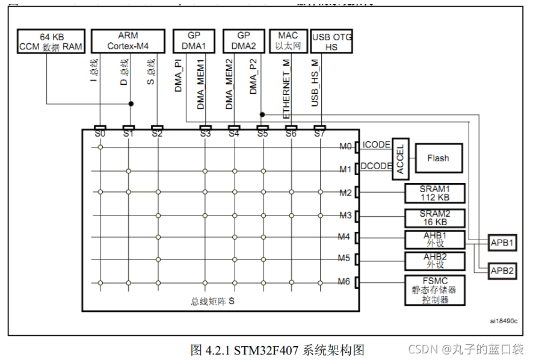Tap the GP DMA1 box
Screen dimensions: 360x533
click(x=194, y=40)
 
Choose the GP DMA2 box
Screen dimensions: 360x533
click(x=244, y=40)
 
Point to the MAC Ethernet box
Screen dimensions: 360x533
click(x=288, y=40)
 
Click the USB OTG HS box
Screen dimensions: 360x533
click(x=331, y=42)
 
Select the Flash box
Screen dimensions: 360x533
click(x=437, y=158)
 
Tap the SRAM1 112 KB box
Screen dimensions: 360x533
click(x=434, y=193)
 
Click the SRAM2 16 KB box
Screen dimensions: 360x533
click(x=434, y=217)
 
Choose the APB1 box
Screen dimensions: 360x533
click(x=501, y=244)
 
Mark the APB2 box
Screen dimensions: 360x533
click(x=501, y=271)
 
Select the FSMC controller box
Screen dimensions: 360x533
click(x=434, y=290)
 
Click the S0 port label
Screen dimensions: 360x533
click(x=100, y=134)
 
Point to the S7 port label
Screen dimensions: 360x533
click(x=319, y=134)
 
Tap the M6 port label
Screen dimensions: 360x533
click(x=345, y=282)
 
